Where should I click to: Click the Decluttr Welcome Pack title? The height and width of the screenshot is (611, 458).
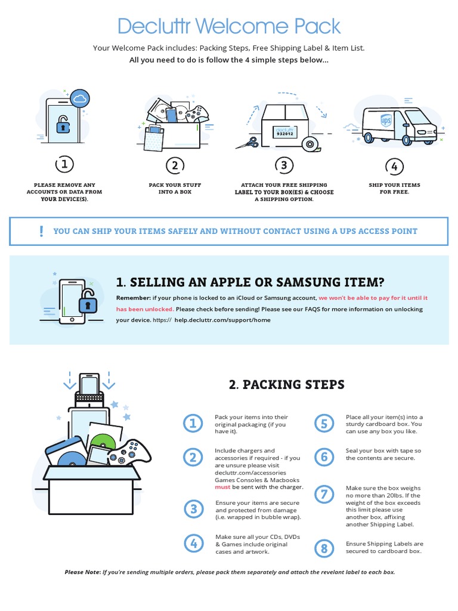(x=229, y=26)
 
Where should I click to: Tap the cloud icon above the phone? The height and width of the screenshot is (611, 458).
(x=80, y=99)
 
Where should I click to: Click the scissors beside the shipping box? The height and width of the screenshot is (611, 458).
(x=247, y=143)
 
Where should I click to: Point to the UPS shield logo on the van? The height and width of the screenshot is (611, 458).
(x=386, y=121)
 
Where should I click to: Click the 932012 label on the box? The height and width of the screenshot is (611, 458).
(x=285, y=132)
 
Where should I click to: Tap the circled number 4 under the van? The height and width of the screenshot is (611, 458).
(x=394, y=166)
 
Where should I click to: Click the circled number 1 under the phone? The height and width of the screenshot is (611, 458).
(x=64, y=164)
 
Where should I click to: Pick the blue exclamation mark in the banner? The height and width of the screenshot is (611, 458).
(x=41, y=232)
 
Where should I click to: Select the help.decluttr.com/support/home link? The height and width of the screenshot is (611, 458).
(x=222, y=320)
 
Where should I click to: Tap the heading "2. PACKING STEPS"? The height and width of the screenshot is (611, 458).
(x=287, y=385)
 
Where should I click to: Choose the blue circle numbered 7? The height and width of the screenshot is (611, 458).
(x=324, y=494)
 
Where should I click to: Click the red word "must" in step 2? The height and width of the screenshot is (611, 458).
(x=222, y=487)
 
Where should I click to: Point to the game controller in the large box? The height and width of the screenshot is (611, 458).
(x=130, y=452)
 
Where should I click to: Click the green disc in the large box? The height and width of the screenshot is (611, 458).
(x=103, y=443)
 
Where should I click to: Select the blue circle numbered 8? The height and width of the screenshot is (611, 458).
(x=324, y=548)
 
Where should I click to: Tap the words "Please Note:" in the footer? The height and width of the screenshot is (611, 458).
(x=82, y=572)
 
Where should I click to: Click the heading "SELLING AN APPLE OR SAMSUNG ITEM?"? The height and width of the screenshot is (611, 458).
(x=257, y=282)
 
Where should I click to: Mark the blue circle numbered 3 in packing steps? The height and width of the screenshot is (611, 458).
(x=194, y=509)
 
